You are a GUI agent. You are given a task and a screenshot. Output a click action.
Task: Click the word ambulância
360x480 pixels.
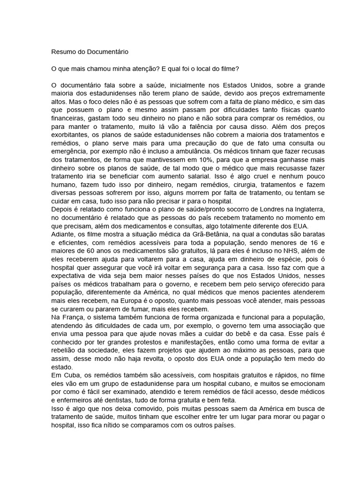[x=185, y=152]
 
